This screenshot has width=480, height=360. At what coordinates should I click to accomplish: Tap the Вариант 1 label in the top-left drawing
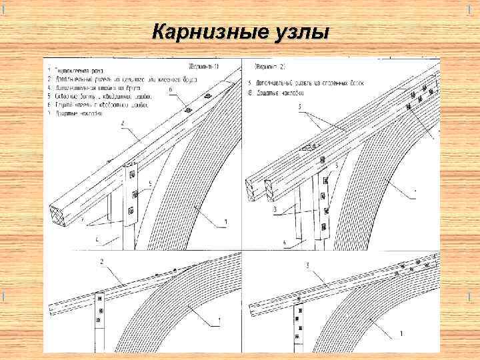tap(207, 67)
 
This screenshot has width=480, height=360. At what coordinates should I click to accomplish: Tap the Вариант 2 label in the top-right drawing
tap(270, 67)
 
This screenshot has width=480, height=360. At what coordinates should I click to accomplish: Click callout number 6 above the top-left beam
tap(171, 89)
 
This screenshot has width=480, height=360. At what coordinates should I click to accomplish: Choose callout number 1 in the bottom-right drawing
tap(400, 333)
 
